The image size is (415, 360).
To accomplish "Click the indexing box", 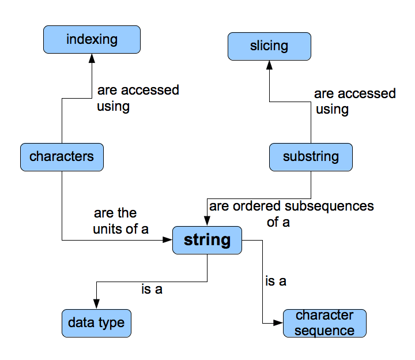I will pyautogui.click(x=92, y=40).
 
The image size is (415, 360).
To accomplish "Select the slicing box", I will pyautogui.click(x=270, y=46).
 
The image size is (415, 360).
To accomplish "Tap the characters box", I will pyautogui.click(x=62, y=157).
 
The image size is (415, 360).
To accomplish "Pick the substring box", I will pyautogui.click(x=311, y=157).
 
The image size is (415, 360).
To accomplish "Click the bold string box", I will pyautogui.click(x=207, y=240).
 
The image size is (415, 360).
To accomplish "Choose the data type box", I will pyautogui.click(x=96, y=322).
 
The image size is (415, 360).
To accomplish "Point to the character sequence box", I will pyautogui.click(x=325, y=323).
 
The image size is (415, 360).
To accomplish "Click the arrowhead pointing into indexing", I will pyautogui.click(x=92, y=58).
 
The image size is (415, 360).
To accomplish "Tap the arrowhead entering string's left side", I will pyautogui.click(x=168, y=240).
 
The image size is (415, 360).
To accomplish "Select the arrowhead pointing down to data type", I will pyautogui.click(x=96, y=304).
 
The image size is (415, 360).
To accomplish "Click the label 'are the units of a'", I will pyautogui.click(x=120, y=221).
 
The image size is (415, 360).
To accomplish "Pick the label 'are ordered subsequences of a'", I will pyautogui.click(x=291, y=213).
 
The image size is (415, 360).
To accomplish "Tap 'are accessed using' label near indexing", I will pyautogui.click(x=138, y=98).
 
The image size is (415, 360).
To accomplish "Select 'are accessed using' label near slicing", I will pyautogui.click(x=354, y=101).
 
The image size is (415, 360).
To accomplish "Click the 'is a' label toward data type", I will pyautogui.click(x=152, y=290).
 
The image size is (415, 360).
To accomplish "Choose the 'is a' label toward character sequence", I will pyautogui.click(x=276, y=282).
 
